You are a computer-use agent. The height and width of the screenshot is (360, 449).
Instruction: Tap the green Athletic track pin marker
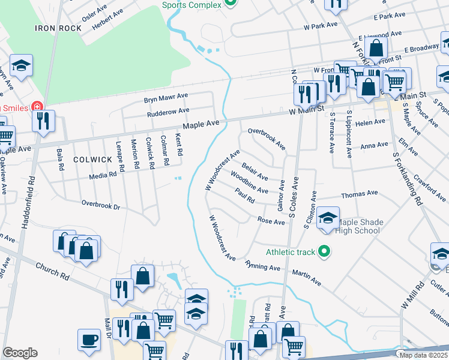324,251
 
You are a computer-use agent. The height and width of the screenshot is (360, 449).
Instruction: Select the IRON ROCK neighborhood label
58,28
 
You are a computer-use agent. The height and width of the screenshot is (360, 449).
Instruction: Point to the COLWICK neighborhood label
92,160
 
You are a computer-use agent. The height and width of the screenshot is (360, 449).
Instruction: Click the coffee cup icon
89,340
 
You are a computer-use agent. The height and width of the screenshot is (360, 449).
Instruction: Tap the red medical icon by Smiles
38,106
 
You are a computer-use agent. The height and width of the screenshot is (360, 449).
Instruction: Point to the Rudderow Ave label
168,111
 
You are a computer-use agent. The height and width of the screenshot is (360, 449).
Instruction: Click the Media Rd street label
103,176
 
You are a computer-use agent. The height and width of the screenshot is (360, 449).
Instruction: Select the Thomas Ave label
359,194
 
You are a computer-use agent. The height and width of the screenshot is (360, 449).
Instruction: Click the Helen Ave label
370,122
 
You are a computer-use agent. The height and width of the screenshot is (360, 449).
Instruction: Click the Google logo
20,353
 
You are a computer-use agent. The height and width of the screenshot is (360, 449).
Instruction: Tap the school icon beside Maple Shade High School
328,218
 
